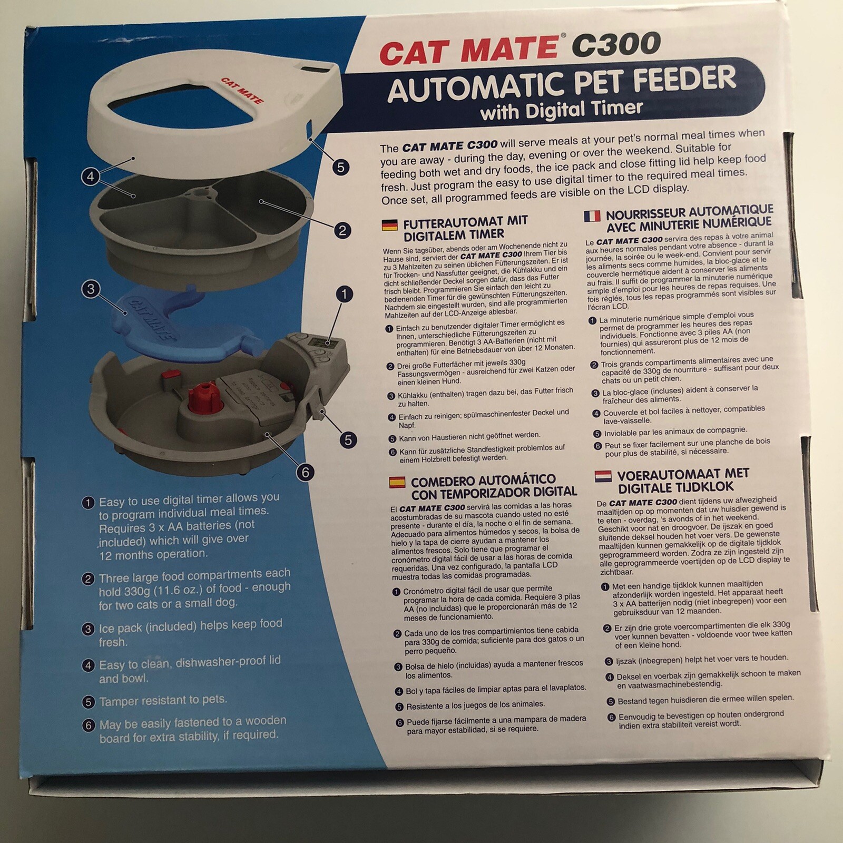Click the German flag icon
[x=389, y=226]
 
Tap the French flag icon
[x=592, y=216]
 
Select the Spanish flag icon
[x=397, y=482]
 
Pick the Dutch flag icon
[x=603, y=476]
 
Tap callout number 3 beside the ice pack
[x=91, y=289]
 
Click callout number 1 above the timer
[x=344, y=294]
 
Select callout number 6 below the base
[x=305, y=472]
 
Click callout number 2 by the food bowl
[x=342, y=230]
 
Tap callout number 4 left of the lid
[x=91, y=177]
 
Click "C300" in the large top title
[x=616, y=44]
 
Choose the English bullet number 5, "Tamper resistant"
[x=163, y=701]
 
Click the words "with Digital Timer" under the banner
[x=562, y=110]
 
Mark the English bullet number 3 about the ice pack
[x=190, y=633]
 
